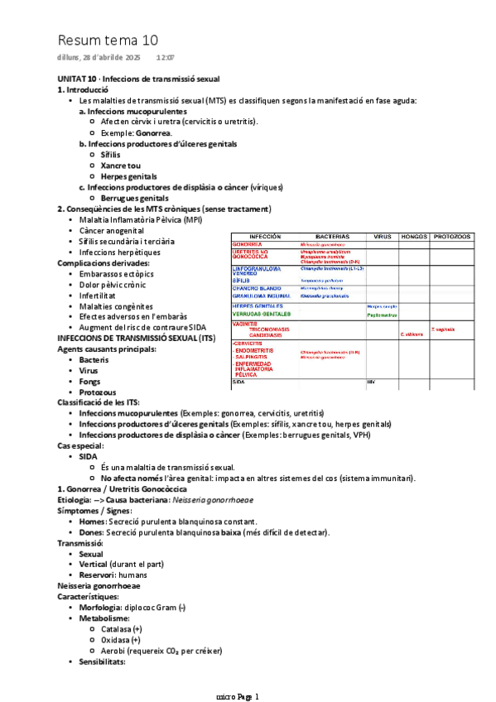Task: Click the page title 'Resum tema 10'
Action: click(108, 40)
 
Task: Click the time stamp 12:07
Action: click(165, 57)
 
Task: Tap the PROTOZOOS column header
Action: click(452, 237)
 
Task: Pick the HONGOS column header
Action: click(412, 237)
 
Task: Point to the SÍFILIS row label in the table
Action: click(241, 281)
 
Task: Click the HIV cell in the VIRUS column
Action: click(371, 382)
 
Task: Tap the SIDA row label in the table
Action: click(238, 382)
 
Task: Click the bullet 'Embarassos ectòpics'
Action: click(118, 274)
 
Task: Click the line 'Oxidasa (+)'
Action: click(120, 640)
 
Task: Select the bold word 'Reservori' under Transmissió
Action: click(99, 575)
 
